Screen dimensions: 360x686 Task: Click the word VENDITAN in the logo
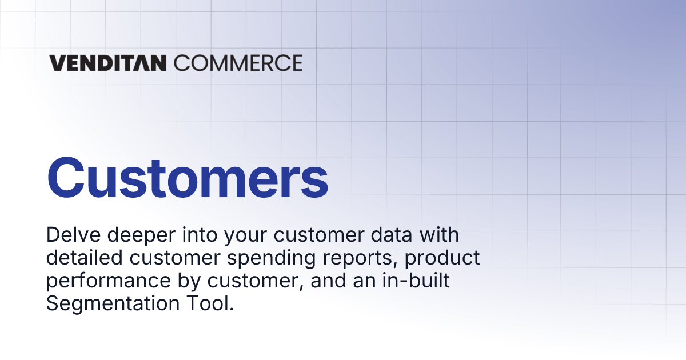[x=107, y=63]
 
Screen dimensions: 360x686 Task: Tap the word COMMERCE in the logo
[x=237, y=63]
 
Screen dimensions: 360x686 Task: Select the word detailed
[x=84, y=258]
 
